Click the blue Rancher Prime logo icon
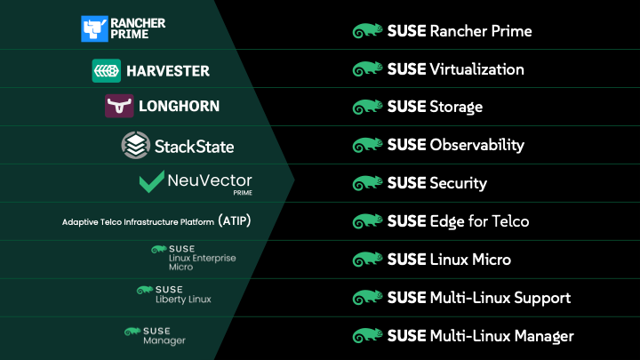coord(95,28)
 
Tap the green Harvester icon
coord(106,70)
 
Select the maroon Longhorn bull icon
coord(119,106)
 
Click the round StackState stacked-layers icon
coord(135,145)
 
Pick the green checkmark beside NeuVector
coord(151,181)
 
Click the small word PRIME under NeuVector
coord(243,193)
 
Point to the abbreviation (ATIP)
coord(235,220)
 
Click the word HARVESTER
coord(168,71)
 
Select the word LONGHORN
coord(179,106)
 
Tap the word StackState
coord(195,147)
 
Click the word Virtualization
coord(476,69)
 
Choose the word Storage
coord(456,107)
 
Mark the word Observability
coord(476,145)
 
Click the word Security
coord(458,183)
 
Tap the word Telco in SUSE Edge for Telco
coord(510,221)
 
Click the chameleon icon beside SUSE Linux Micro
coord(367,260)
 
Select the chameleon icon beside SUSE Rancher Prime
coord(367,30)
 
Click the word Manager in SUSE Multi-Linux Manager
coord(544,336)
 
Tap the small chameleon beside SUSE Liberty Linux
coord(145,290)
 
